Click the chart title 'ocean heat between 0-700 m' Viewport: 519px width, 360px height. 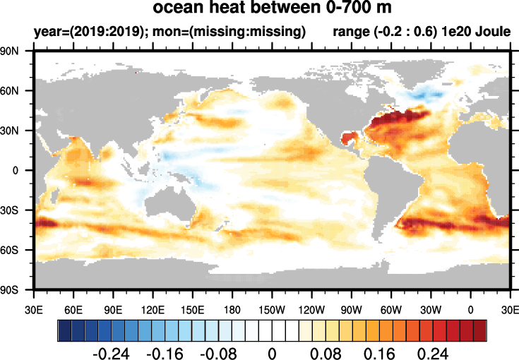[272, 9]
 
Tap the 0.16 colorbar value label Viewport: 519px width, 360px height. [380, 352]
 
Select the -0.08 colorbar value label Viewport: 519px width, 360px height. [218, 352]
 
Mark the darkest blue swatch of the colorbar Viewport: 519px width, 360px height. [64, 330]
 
